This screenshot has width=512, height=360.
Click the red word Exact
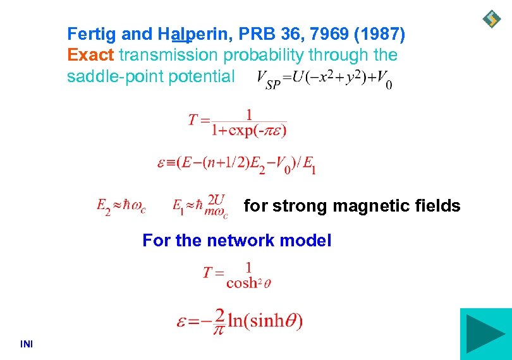pyautogui.click(x=90, y=56)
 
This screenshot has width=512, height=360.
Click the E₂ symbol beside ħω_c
pyautogui.click(x=104, y=206)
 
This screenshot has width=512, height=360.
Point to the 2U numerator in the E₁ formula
pyautogui.click(x=216, y=199)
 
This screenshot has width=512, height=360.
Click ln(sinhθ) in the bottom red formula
pyautogui.click(x=265, y=321)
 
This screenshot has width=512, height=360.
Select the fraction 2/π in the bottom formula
pyautogui.click(x=220, y=321)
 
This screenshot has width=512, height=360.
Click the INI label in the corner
pyautogui.click(x=27, y=344)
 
